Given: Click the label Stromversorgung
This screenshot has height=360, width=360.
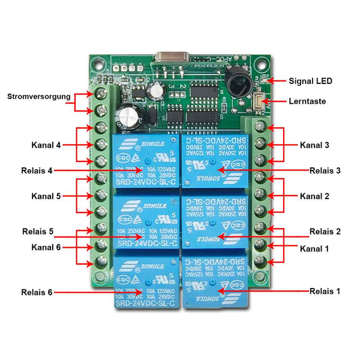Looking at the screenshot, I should click(x=39, y=96).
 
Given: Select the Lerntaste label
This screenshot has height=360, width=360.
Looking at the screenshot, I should click(x=308, y=101).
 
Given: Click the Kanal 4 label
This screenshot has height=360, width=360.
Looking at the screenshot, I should click(x=46, y=145).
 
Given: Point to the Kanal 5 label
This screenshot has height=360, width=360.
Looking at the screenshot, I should click(x=46, y=196).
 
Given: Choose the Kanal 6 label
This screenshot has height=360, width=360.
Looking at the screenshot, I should click(x=46, y=247).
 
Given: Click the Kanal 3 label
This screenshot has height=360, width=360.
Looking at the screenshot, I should click(x=315, y=145).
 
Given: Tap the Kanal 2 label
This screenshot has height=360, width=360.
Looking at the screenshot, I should click(x=315, y=196).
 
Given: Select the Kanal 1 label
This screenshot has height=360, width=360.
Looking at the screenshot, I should click(x=315, y=248).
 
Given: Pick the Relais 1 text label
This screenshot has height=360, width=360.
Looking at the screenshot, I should click(x=325, y=291).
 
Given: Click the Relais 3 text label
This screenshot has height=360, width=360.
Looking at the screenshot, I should click(x=325, y=170).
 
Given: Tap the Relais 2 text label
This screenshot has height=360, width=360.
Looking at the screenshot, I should click(x=325, y=231).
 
